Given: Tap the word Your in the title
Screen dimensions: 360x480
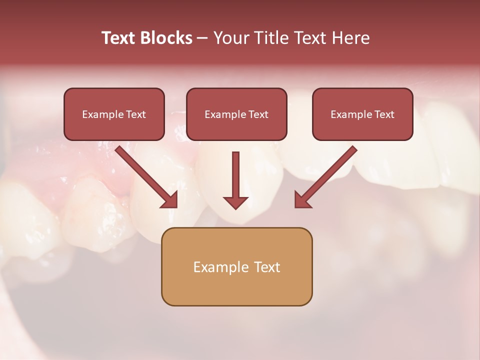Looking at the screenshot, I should click(231, 38).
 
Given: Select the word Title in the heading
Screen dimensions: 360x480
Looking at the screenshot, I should click(272, 38).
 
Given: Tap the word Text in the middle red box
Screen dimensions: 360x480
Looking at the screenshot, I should click(258, 114).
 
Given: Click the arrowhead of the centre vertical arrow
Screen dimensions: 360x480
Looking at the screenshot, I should click(235, 202).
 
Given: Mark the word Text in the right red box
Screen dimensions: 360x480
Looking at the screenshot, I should click(384, 114).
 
